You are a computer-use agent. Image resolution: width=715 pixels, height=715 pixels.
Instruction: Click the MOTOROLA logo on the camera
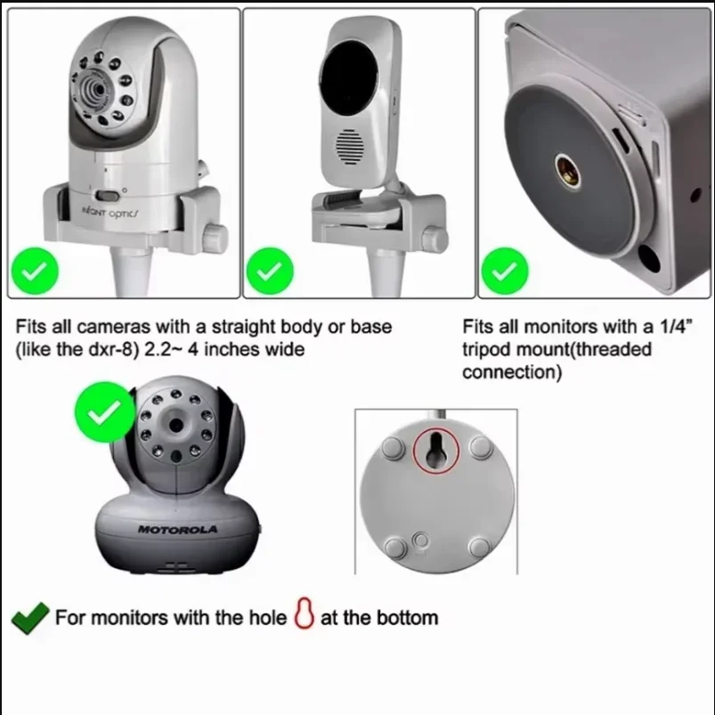(x=178, y=530)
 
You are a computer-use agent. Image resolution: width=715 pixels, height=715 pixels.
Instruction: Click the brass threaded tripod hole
(x=566, y=168)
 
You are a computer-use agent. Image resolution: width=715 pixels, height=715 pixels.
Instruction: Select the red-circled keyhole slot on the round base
(x=436, y=450)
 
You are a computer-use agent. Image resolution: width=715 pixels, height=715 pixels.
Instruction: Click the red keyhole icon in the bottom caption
(x=304, y=616)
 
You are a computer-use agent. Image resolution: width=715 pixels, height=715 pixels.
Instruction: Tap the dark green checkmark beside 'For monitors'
(x=29, y=617)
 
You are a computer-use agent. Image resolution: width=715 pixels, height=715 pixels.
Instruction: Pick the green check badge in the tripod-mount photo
(x=504, y=272)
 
